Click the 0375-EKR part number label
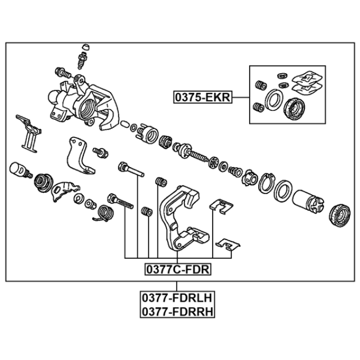coord(202,97)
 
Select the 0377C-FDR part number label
coord(178,269)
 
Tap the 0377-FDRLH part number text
coord(178,298)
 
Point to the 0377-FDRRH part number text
coord(178,312)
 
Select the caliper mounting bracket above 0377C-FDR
coord(181,218)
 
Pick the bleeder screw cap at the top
coord(85,47)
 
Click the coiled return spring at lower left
coord(105,214)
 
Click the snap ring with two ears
coord(267,183)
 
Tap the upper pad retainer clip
coord(221,206)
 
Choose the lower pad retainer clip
coord(228,245)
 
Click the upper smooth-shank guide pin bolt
coord(131,169)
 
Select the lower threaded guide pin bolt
coord(120,201)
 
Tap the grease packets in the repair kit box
coord(307,83)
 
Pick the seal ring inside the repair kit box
coord(274,100)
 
